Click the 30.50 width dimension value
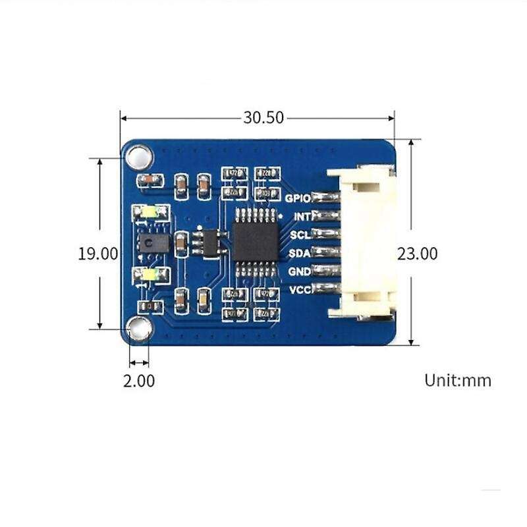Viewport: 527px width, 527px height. [x=263, y=118]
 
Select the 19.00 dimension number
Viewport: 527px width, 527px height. [x=97, y=254]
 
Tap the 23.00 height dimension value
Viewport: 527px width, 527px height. [x=417, y=254]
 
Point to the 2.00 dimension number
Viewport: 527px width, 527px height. [x=139, y=381]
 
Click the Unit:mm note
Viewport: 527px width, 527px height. [x=458, y=380]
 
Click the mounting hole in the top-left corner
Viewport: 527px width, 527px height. [x=139, y=157]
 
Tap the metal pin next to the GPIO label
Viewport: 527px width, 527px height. [x=324, y=197]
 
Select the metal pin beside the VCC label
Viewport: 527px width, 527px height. [x=324, y=289]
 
